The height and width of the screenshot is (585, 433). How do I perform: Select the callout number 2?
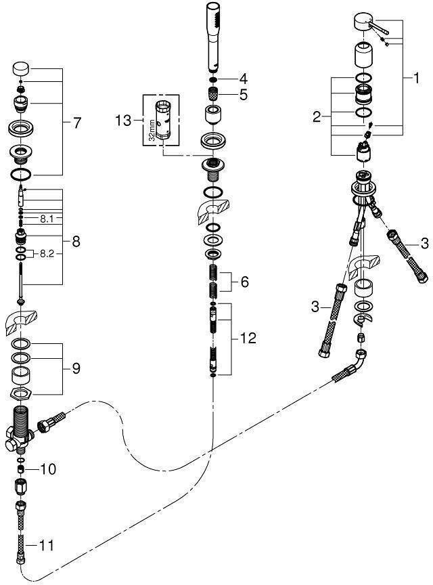coord(316,116)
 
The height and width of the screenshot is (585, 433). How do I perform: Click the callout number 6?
coord(244,282)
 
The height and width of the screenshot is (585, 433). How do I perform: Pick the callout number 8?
coord(76,240)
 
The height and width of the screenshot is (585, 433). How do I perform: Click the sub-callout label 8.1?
coord(46,219)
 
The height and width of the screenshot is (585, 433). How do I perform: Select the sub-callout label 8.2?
coord(47,253)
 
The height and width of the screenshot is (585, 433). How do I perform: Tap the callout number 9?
coord(76,368)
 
